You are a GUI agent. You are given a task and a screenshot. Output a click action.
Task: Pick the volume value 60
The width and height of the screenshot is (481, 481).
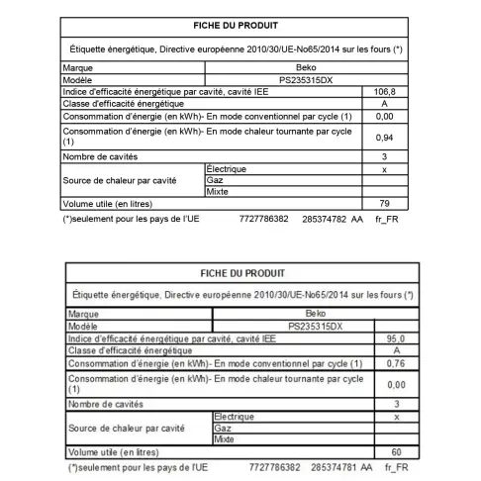coord(396,451)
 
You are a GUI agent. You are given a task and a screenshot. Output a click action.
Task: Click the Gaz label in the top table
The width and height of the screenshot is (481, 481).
coord(214,181)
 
